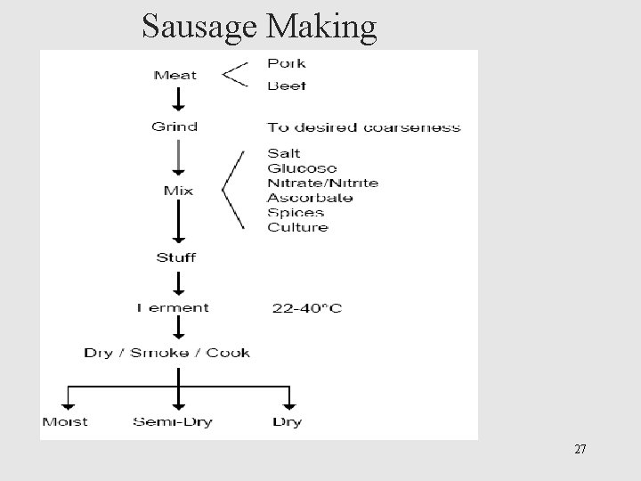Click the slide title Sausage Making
coord(259,27)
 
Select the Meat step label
coord(175,75)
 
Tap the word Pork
coord(286,63)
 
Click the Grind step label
coord(174,126)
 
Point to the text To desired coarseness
coord(364,127)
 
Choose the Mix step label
coord(178,191)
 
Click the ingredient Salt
coord(284,153)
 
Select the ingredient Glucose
coord(302,168)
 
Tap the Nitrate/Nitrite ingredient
coord(322,183)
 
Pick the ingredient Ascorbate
coord(310,198)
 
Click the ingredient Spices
coord(296,212)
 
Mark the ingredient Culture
coord(297,227)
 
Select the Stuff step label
coord(176,258)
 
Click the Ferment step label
coord(174,308)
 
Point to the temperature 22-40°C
coord(306,309)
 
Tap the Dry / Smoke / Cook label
coord(167,353)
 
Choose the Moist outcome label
coord(64,421)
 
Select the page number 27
coord(580,449)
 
